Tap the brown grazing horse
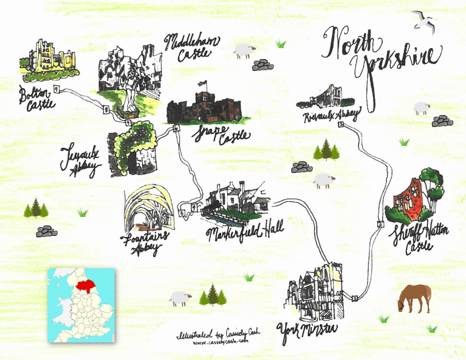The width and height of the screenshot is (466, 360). click(x=414, y=298)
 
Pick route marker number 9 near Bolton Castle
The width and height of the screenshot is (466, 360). click(x=56, y=89)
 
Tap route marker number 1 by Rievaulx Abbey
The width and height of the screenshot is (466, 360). click(x=341, y=125)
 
